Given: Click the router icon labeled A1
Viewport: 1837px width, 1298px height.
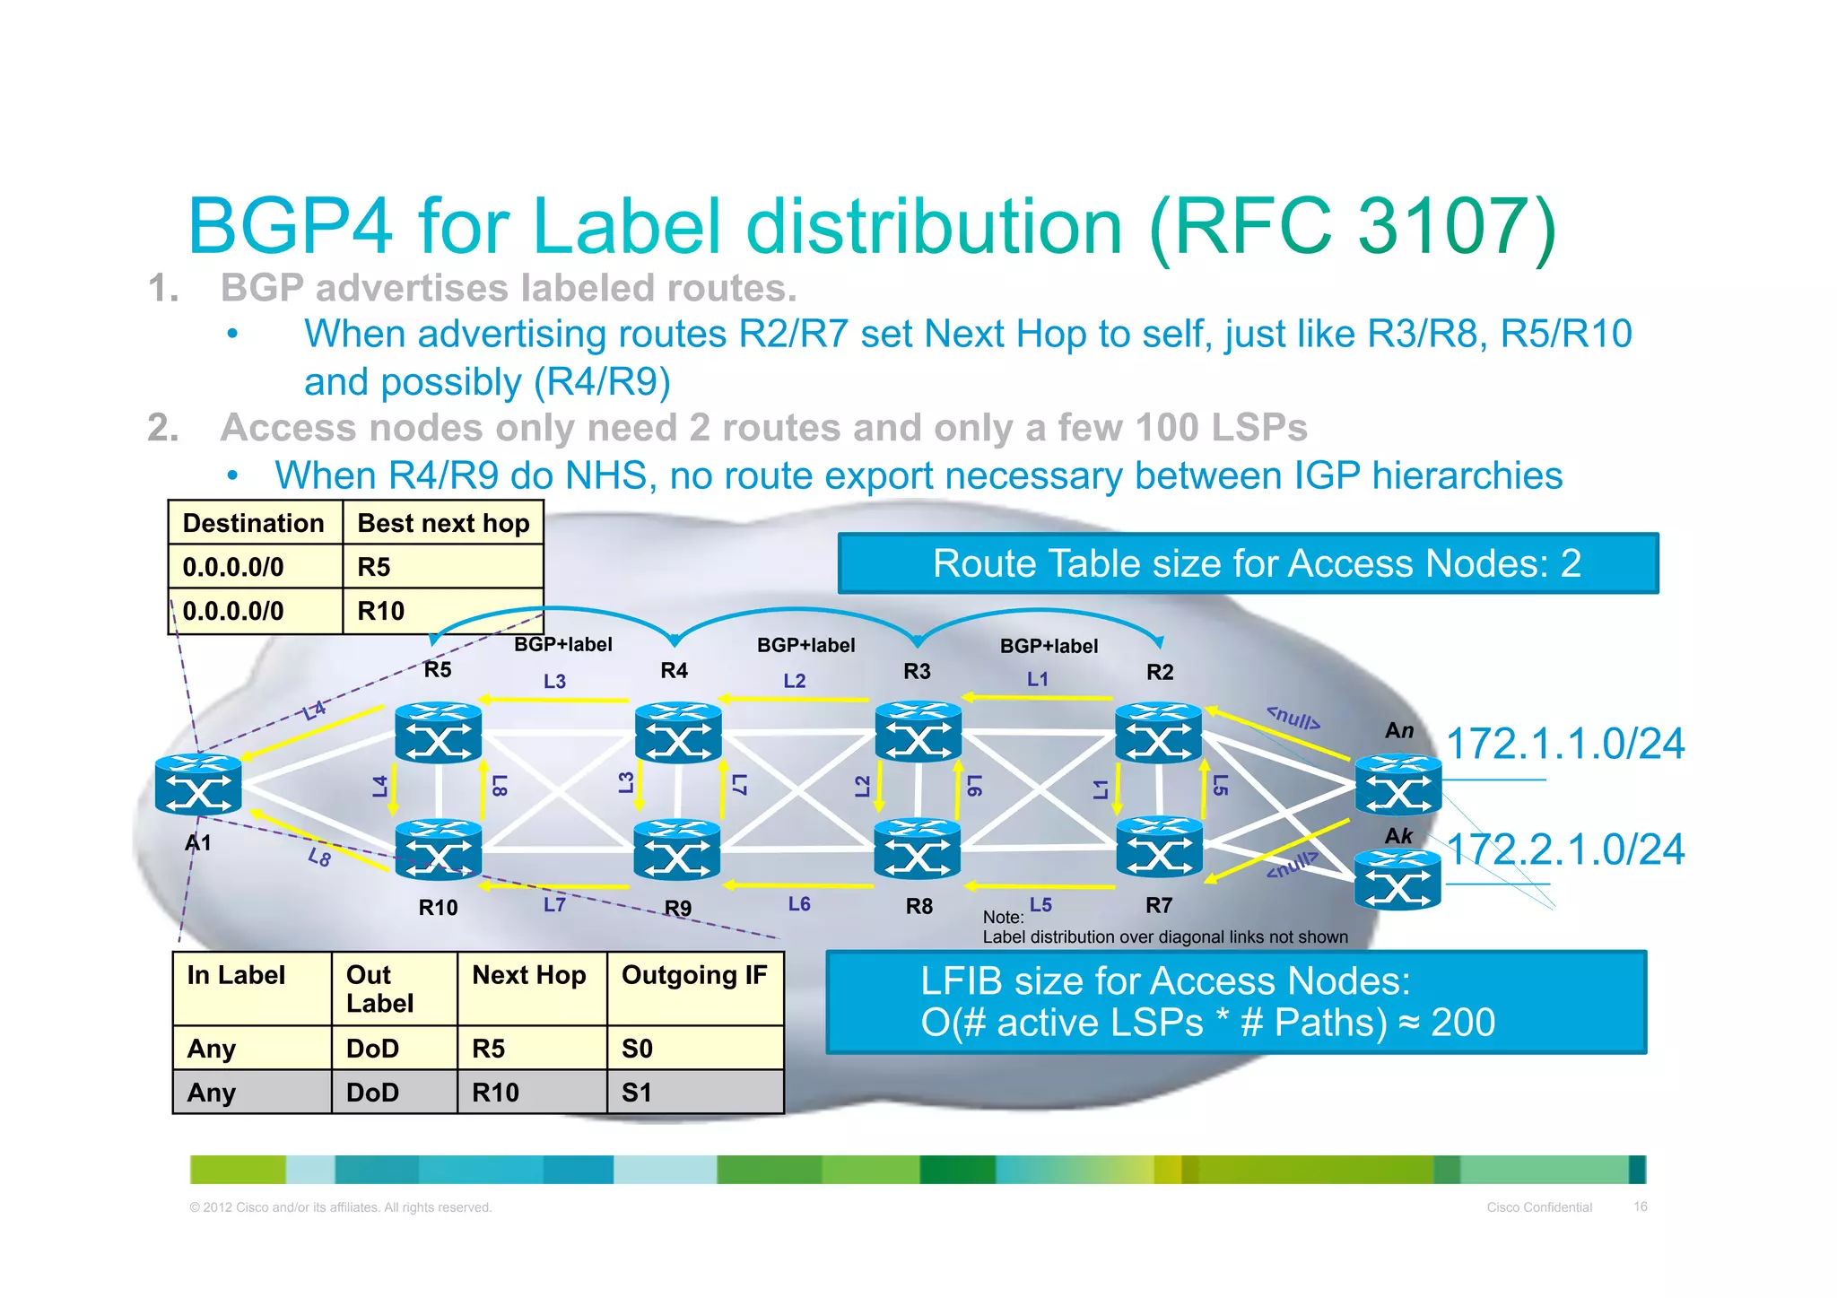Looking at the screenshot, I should pos(198,785).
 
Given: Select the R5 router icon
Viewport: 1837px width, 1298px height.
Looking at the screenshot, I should pos(438,733).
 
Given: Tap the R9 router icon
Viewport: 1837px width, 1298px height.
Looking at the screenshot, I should pos(677,850).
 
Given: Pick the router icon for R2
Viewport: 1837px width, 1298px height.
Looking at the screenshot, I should pos(1158,733).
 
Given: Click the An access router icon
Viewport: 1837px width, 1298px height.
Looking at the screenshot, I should pos(1397,785).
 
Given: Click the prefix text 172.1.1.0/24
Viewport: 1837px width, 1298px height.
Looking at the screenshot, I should pos(1565,744).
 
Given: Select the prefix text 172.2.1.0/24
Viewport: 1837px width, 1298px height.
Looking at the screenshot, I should pos(1565,849).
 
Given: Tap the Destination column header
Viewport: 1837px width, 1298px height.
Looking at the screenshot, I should pos(254,523).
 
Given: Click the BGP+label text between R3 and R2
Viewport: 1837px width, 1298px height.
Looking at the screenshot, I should pos(1049,646).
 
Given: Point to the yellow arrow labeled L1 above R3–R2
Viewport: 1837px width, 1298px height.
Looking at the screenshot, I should pos(1038,697).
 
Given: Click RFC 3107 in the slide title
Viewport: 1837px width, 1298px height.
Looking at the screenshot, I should pos(1353,226).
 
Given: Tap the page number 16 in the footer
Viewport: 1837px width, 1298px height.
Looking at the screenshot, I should pos(1640,1207).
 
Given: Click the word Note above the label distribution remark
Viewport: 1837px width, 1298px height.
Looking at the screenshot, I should pos(1001,917).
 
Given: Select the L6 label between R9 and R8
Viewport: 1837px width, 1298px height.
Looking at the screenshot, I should pos(799,904).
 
